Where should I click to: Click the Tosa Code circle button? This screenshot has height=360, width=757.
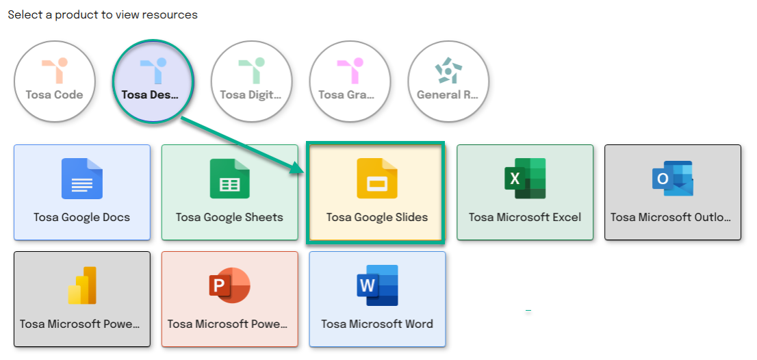coord(55,80)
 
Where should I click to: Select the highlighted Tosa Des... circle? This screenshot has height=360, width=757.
coord(153,81)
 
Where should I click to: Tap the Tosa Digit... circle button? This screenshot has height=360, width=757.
coord(251,80)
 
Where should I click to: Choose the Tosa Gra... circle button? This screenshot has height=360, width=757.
coord(350,80)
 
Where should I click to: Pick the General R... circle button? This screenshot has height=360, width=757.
coord(448,80)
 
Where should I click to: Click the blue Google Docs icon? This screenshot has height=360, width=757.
coord(82,179)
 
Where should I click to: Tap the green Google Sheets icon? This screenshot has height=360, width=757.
coord(230,179)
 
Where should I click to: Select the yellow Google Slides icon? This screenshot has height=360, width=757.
coord(377,179)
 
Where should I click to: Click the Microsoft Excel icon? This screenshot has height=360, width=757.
coord(525,179)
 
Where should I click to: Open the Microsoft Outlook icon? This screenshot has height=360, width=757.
coord(673,179)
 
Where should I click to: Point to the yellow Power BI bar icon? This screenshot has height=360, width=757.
coord(82,285)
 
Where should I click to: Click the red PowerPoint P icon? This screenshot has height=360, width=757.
coord(230,285)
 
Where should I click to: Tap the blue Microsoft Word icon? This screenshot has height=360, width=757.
coord(377,285)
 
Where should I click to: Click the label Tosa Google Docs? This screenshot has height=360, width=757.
coord(82,217)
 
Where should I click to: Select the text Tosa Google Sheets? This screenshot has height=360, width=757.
coord(229,217)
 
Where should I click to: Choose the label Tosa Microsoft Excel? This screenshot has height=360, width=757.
coord(525,217)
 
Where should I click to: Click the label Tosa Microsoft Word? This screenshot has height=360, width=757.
coord(377,324)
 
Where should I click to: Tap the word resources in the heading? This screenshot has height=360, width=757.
coord(174,16)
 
